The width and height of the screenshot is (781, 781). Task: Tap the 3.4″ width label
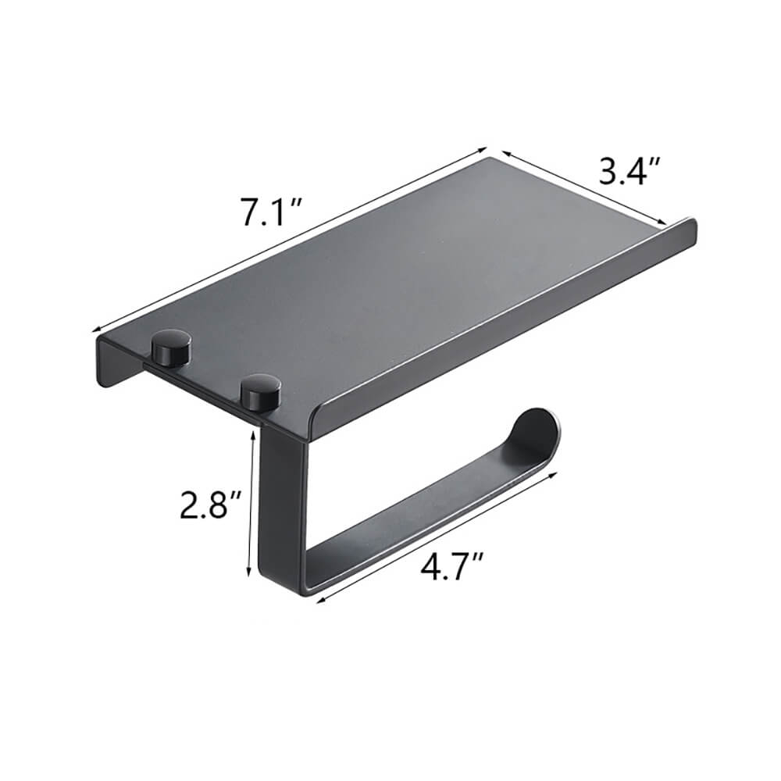point(630,170)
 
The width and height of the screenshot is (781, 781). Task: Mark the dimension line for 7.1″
point(289,239)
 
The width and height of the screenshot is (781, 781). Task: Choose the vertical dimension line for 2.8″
point(251,504)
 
